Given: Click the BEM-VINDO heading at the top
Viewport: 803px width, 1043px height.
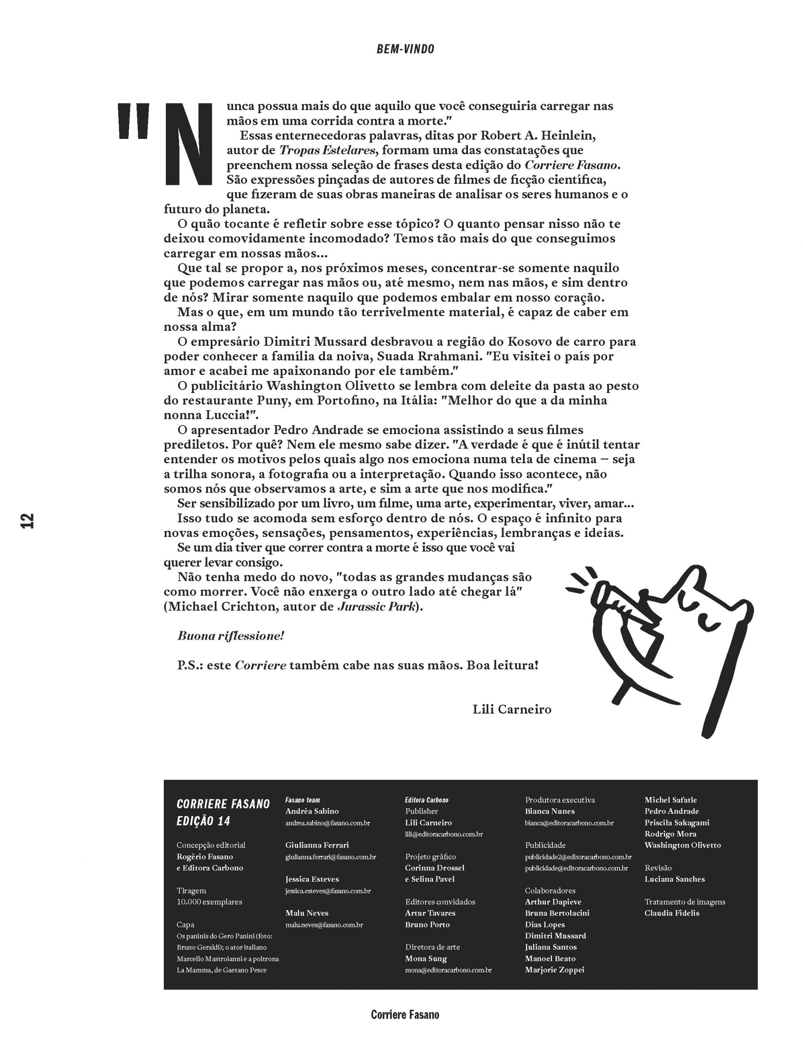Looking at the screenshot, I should click(405, 49).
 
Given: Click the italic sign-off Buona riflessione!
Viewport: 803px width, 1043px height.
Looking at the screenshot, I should click(231, 636).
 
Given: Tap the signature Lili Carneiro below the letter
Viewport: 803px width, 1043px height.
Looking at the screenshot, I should click(512, 709).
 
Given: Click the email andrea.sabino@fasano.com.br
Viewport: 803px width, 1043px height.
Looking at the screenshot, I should click(327, 823).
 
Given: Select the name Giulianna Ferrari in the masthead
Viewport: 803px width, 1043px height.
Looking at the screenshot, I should click(317, 845).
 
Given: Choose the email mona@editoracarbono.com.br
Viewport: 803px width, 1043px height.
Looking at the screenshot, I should click(448, 970).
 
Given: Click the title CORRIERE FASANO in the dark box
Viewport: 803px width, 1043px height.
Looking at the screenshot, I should click(223, 804).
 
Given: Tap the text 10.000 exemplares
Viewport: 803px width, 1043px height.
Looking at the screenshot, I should click(209, 902).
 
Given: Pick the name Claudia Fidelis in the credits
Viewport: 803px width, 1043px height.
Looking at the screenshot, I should click(672, 913).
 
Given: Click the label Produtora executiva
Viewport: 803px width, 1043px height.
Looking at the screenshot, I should click(559, 800).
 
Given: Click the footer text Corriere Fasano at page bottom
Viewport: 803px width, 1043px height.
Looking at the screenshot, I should click(405, 1015).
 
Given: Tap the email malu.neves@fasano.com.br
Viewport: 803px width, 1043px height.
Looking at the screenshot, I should click(324, 924).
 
